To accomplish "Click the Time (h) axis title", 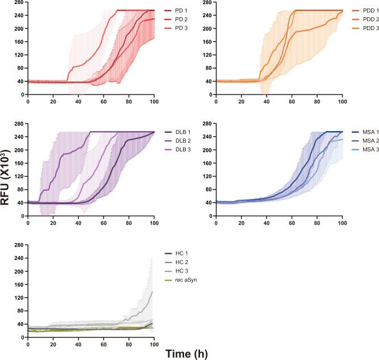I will [x=187, y=353].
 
